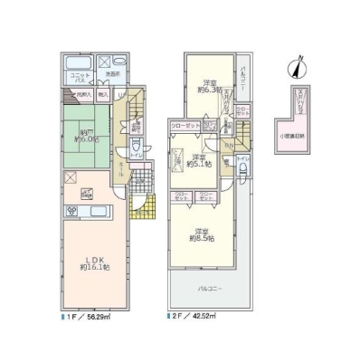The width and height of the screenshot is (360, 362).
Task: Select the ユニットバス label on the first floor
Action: [x=80, y=75]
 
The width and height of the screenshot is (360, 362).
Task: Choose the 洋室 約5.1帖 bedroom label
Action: [x=201, y=163]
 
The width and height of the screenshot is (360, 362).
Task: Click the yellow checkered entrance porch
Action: [x=140, y=208]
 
